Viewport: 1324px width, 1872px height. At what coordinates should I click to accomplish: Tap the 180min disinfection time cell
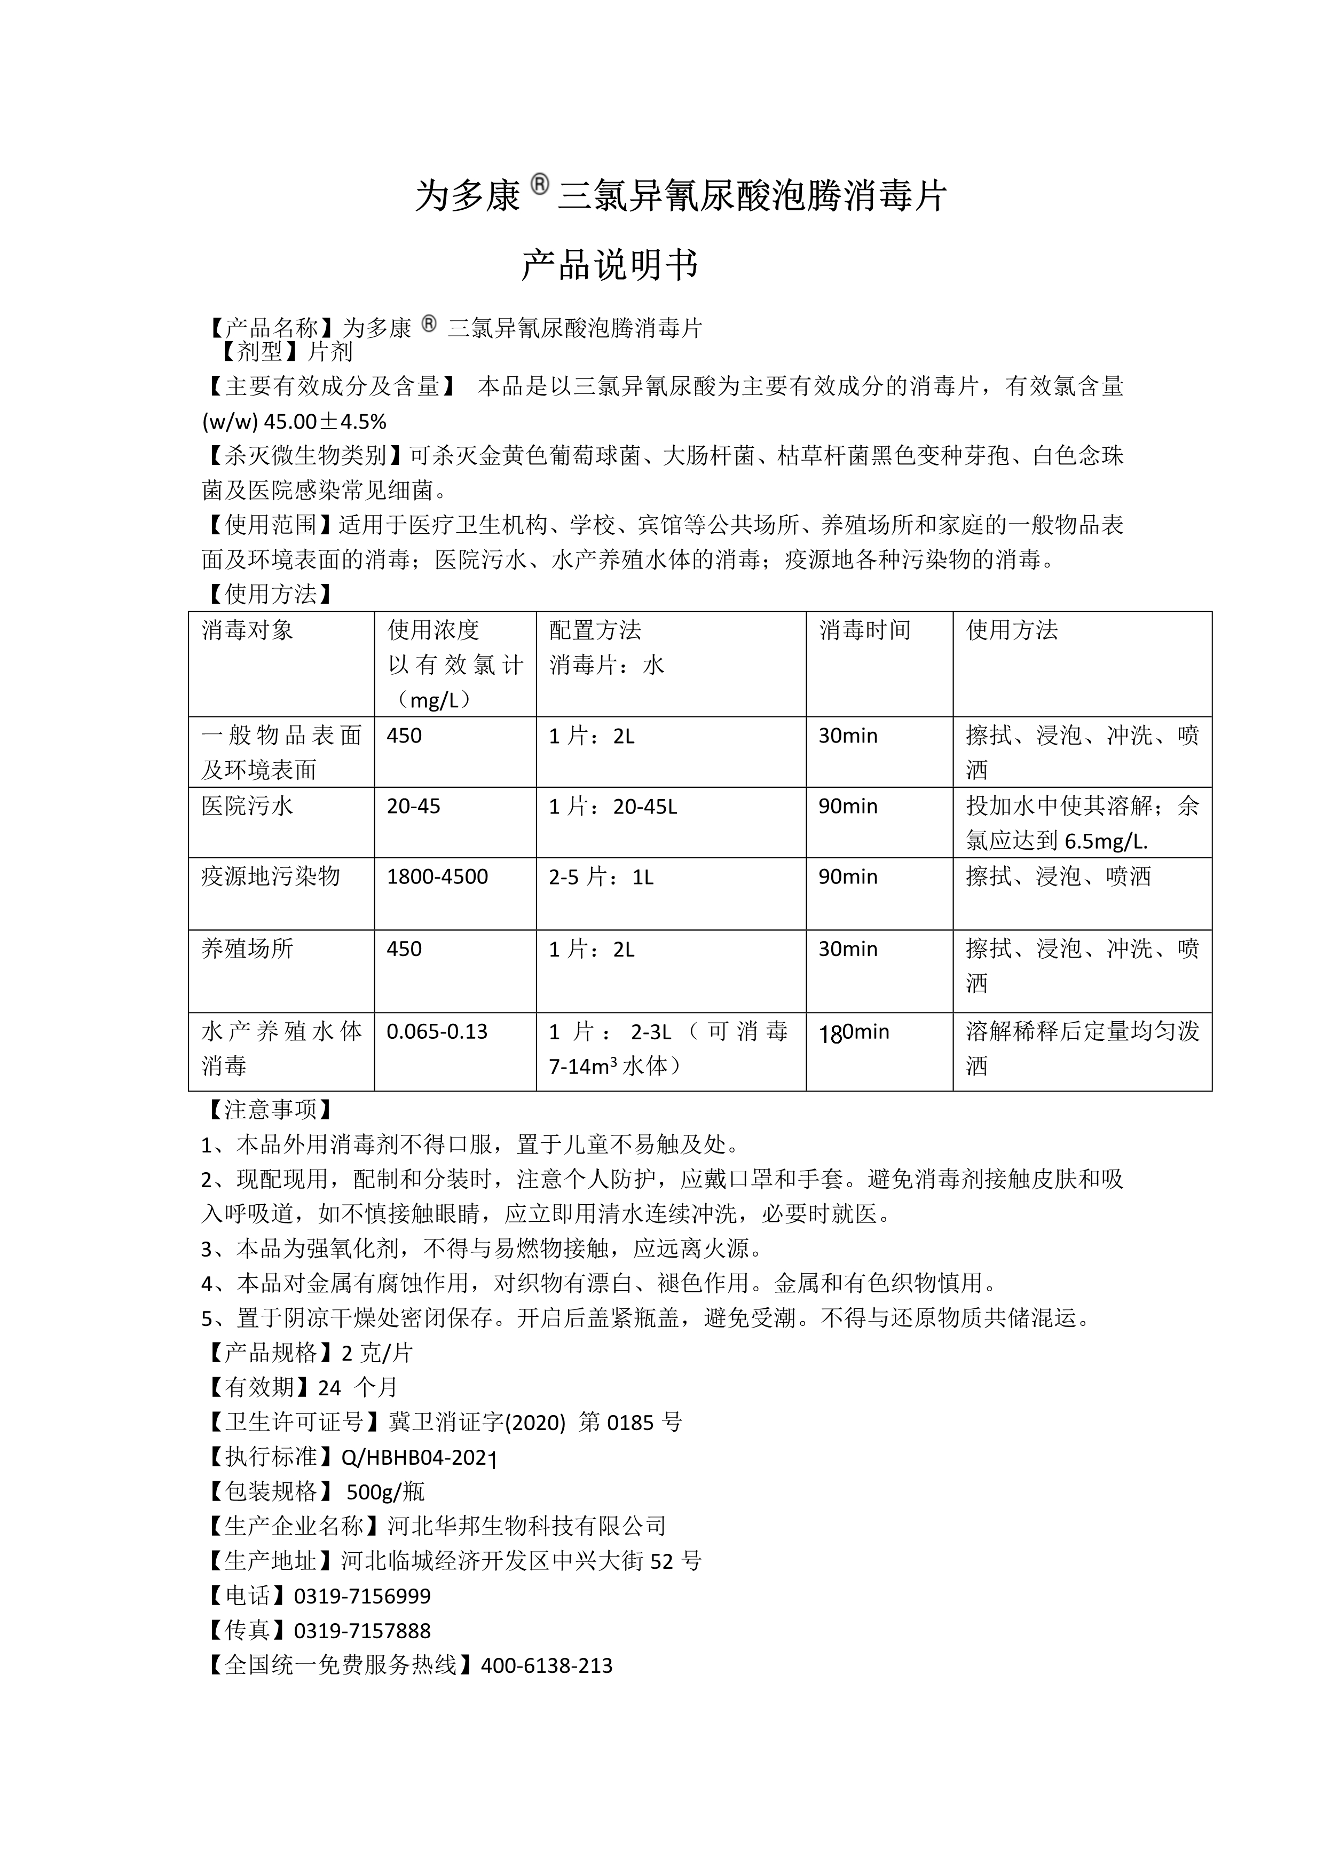tap(854, 1032)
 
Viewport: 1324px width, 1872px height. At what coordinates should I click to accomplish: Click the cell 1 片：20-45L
tap(612, 807)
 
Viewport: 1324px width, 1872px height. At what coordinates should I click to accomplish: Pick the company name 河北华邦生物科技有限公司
tap(527, 1526)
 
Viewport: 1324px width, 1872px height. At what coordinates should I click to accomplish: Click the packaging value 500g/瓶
tap(385, 1491)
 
